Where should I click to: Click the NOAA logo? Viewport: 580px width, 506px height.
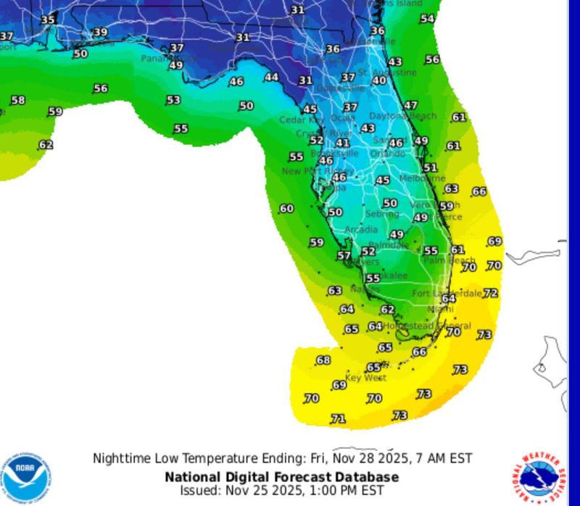(26, 476)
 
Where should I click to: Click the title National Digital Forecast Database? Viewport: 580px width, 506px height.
(281, 477)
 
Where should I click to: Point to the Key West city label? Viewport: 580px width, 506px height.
(365, 378)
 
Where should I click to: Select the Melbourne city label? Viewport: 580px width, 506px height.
(422, 178)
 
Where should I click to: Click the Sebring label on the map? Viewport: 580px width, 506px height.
(382, 215)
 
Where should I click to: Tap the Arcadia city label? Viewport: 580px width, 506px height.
(361, 230)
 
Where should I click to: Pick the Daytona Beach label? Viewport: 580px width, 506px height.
(402, 116)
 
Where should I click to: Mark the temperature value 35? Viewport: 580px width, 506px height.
(47, 20)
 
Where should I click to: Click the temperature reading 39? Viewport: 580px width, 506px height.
(101, 32)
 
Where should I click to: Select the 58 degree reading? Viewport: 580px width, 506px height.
(17, 100)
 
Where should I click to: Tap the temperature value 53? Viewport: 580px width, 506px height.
(173, 100)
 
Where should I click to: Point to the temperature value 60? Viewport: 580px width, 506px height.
(286, 209)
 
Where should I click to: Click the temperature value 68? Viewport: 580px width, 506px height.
(323, 360)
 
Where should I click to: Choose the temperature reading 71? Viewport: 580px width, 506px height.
(338, 419)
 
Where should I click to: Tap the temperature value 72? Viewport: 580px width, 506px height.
(491, 293)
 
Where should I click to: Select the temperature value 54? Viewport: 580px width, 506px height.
(428, 19)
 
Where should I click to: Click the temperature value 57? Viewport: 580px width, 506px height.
(344, 255)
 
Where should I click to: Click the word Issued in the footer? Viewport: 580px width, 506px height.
(199, 491)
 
